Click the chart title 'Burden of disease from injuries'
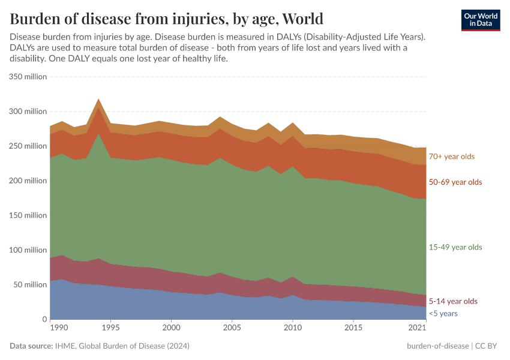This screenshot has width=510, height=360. point(166,18)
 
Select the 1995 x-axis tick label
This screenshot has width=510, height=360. point(110,328)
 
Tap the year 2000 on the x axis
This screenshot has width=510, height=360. point(171,328)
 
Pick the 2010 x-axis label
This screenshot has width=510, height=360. point(292,328)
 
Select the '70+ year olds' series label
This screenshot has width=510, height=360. point(451,157)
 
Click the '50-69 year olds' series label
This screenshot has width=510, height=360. point(455,182)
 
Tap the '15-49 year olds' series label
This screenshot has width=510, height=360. point(455,247)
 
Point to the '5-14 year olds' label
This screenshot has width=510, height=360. point(453,301)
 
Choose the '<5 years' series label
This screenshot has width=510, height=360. point(443,314)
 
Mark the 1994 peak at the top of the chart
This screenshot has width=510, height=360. point(98,100)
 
